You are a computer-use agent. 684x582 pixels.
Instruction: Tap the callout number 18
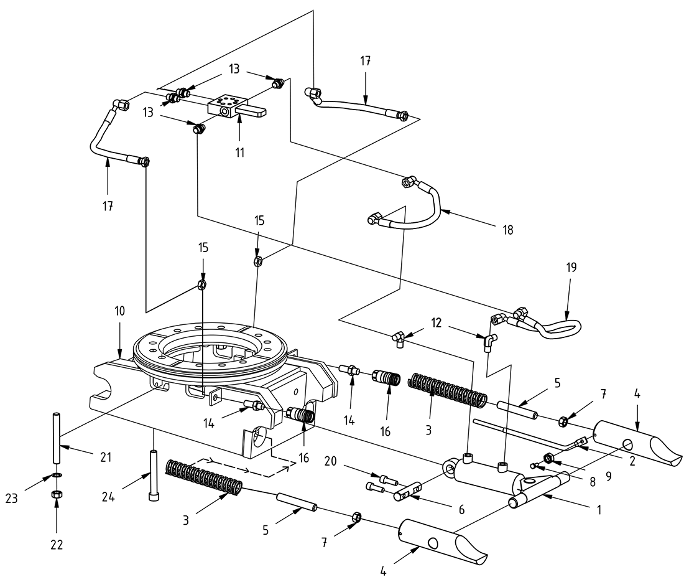click(508, 230)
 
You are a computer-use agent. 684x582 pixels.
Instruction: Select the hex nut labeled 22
click(56, 495)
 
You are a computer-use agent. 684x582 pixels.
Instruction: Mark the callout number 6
click(461, 509)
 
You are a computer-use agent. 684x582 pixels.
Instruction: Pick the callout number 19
click(571, 268)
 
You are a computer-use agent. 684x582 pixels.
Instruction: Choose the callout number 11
click(239, 151)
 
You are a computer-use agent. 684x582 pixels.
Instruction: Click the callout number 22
click(57, 545)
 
